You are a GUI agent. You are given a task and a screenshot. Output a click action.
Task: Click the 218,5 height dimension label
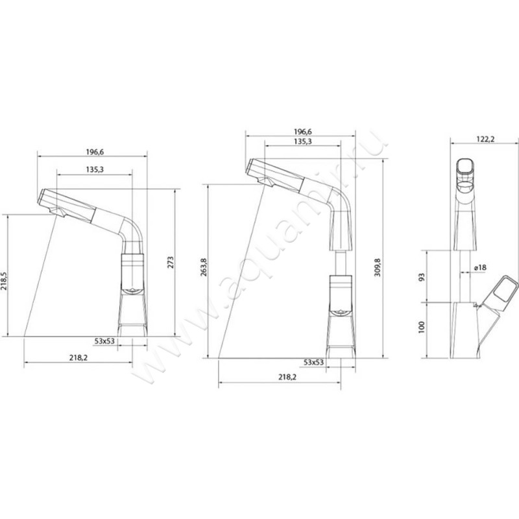click(4, 282)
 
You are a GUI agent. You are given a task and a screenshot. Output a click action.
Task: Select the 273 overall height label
click(170, 262)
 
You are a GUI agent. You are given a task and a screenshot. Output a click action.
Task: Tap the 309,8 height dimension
click(378, 267)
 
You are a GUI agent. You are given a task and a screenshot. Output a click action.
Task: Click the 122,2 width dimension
click(485, 139)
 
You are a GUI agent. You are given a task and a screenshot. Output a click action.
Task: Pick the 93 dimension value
click(421, 276)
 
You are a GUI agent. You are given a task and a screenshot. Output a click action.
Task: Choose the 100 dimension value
click(421, 327)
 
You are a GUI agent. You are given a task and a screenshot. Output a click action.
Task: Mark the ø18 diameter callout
click(480, 267)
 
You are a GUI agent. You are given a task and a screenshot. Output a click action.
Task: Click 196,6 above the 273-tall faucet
click(95, 152)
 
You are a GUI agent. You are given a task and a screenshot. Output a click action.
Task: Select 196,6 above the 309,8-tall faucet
click(302, 132)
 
